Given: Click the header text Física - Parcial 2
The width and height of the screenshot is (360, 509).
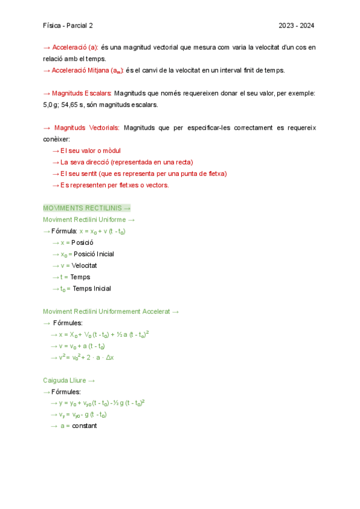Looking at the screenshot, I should click(x=68, y=26).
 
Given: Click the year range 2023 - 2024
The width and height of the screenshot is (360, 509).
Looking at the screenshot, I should click(x=296, y=26).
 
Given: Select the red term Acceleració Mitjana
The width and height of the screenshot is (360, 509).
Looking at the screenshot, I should click(x=80, y=70).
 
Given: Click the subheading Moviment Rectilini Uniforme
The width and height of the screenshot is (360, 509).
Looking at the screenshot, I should click(x=85, y=220).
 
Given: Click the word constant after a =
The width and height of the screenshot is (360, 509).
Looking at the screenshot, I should click(x=84, y=426).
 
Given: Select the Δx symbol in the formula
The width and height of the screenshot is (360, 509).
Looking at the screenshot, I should click(x=117, y=358).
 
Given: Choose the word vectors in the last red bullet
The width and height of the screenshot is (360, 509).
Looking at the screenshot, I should click(x=157, y=185).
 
